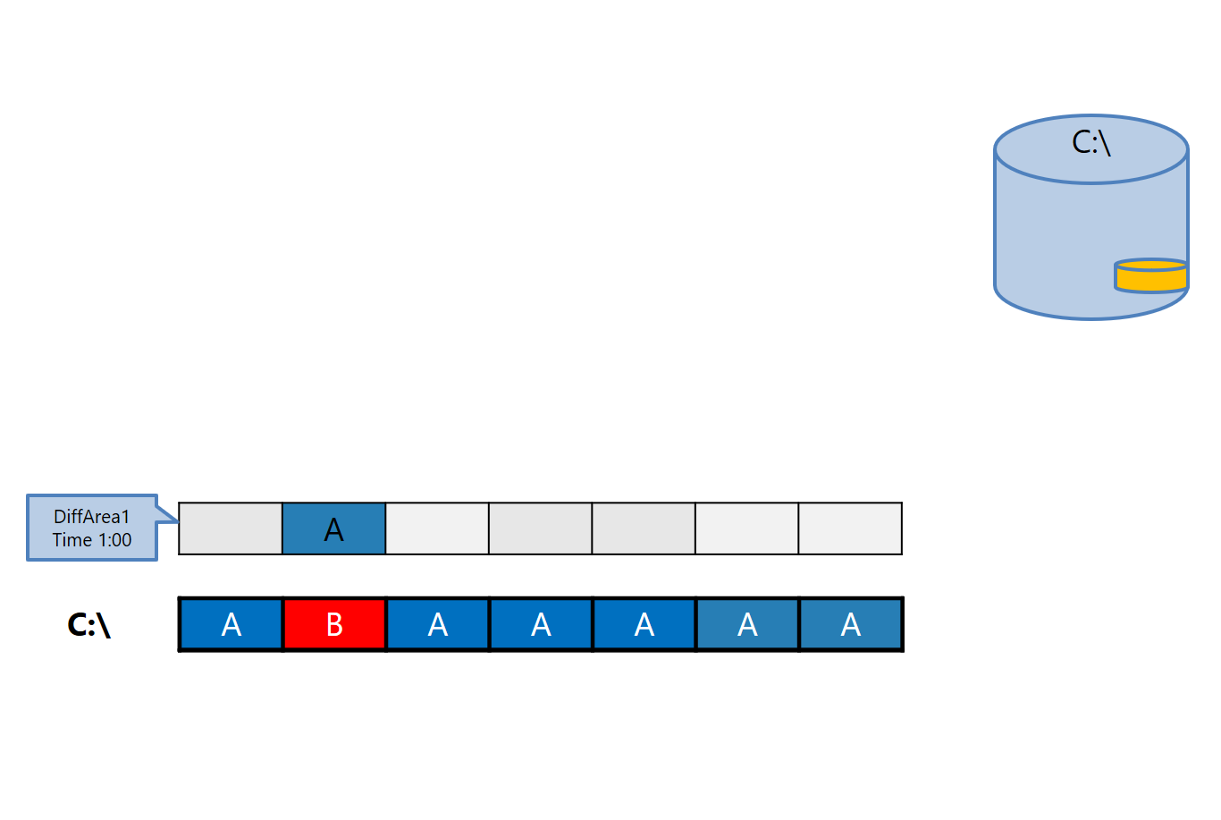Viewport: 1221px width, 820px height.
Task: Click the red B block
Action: click(x=334, y=624)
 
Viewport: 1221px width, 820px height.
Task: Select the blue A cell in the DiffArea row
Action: click(x=333, y=528)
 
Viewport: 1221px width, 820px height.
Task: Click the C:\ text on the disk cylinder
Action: click(x=1091, y=142)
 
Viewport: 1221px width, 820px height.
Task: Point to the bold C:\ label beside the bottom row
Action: click(x=89, y=624)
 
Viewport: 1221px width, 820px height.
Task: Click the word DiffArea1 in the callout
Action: click(x=92, y=517)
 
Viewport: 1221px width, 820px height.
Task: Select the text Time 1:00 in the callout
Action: click(x=92, y=540)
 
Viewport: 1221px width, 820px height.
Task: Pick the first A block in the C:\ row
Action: click(x=231, y=624)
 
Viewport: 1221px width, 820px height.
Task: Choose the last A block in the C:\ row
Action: click(x=850, y=624)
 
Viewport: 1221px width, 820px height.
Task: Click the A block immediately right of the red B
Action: click(x=437, y=624)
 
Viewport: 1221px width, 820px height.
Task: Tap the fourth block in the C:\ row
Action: click(x=541, y=624)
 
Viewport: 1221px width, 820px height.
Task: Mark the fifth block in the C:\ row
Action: click(x=644, y=624)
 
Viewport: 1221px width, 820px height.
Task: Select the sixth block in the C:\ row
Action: click(x=747, y=624)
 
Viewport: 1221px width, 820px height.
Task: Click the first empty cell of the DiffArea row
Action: click(x=231, y=528)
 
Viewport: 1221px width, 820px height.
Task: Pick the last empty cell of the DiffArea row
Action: click(x=850, y=528)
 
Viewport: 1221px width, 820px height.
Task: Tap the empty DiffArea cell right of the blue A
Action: click(x=437, y=528)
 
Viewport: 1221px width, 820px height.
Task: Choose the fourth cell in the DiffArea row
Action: click(x=541, y=528)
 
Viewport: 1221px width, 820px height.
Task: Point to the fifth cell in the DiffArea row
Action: click(x=644, y=528)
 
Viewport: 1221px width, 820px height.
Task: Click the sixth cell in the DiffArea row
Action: click(x=747, y=528)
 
